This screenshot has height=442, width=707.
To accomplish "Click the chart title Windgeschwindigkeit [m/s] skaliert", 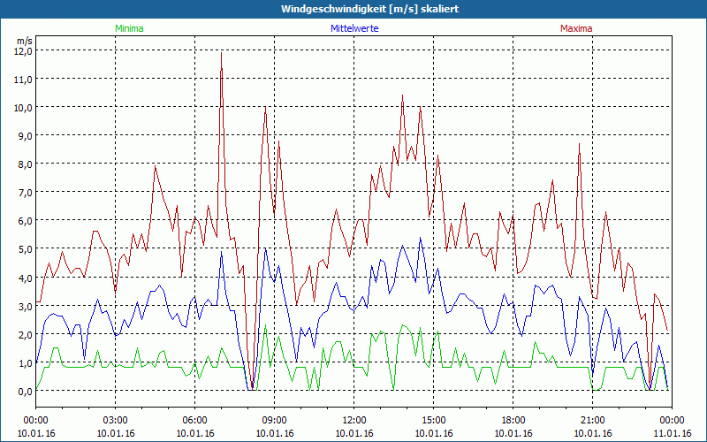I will click(353, 9).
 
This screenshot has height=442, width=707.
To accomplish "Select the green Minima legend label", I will click(129, 28).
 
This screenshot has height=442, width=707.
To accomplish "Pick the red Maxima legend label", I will click(575, 28).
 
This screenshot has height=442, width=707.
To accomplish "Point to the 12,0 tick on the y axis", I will click(23, 50).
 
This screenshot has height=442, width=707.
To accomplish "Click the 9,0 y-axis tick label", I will click(23, 135).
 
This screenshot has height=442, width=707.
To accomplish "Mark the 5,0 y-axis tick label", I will click(23, 249).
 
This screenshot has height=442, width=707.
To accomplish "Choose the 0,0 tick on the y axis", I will click(23, 391).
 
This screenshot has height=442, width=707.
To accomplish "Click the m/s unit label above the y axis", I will click(24, 40).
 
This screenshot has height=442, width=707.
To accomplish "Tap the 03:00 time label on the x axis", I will click(116, 420).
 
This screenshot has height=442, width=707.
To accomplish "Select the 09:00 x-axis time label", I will click(275, 420).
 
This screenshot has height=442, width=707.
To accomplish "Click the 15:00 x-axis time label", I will click(434, 420).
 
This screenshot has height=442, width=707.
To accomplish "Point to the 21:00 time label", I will click(593, 420).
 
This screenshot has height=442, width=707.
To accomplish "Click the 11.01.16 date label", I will click(672, 433).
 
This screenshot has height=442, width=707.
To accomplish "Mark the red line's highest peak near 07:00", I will click(221, 53).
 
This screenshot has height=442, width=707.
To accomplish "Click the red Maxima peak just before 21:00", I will click(580, 144).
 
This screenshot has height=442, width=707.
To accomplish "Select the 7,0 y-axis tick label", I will click(23, 192).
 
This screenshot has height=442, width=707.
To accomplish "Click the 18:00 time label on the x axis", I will click(513, 420).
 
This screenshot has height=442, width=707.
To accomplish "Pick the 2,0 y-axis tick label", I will click(23, 334).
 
